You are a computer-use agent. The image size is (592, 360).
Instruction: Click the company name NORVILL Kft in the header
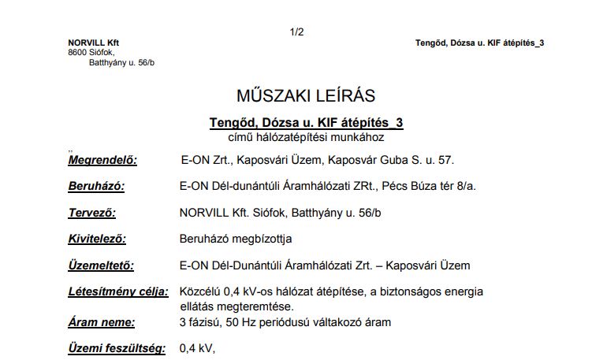(94, 43)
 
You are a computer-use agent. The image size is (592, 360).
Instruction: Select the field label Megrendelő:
(102, 160)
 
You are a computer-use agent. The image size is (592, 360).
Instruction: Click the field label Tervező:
(93, 213)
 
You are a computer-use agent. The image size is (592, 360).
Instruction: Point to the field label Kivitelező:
(97, 238)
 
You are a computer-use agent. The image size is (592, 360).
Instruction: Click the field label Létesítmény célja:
(118, 291)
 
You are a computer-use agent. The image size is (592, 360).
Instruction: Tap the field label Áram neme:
(101, 321)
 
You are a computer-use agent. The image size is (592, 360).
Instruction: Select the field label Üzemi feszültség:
(117, 347)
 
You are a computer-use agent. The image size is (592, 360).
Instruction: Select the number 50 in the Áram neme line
(229, 321)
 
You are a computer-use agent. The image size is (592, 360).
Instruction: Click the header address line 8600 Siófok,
(91, 52)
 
